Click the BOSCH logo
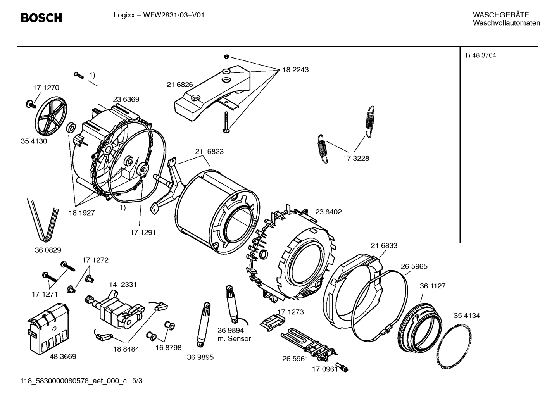pos(41,17)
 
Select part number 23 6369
pos(126,99)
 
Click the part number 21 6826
pos(180,85)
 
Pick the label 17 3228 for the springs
pos(356,158)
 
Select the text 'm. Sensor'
pos(234,338)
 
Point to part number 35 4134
pos(467,316)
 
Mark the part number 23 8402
pos(328,212)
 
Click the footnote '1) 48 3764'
pos(480,55)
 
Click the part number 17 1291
pos(143,233)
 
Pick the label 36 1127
pos(433,286)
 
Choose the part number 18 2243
pos(295,70)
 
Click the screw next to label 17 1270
pos(29,103)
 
